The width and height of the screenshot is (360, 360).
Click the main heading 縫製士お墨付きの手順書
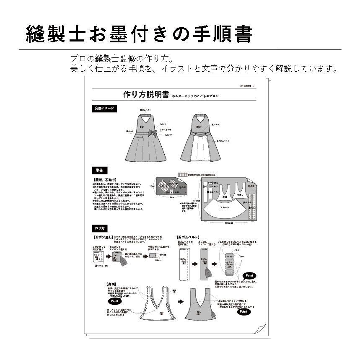(139, 34)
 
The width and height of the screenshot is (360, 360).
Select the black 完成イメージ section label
(104, 109)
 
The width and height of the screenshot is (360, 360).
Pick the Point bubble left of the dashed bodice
(114, 301)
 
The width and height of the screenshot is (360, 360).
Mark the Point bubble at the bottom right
(243, 311)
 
